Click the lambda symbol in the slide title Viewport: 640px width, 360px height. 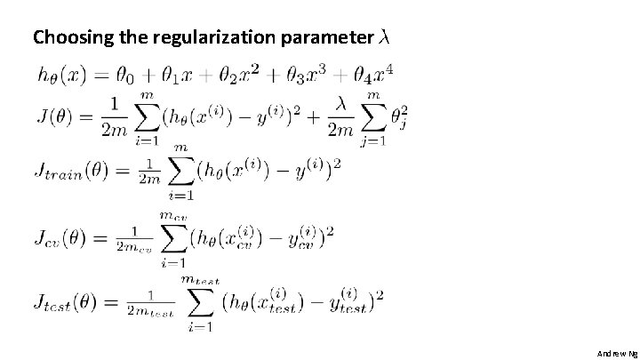pyautogui.click(x=384, y=37)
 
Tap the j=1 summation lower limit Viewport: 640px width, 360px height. pyautogui.click(x=372, y=140)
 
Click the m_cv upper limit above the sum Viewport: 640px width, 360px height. pyautogui.click(x=172, y=215)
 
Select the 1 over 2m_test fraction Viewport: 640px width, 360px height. pyautogui.click(x=148, y=304)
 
